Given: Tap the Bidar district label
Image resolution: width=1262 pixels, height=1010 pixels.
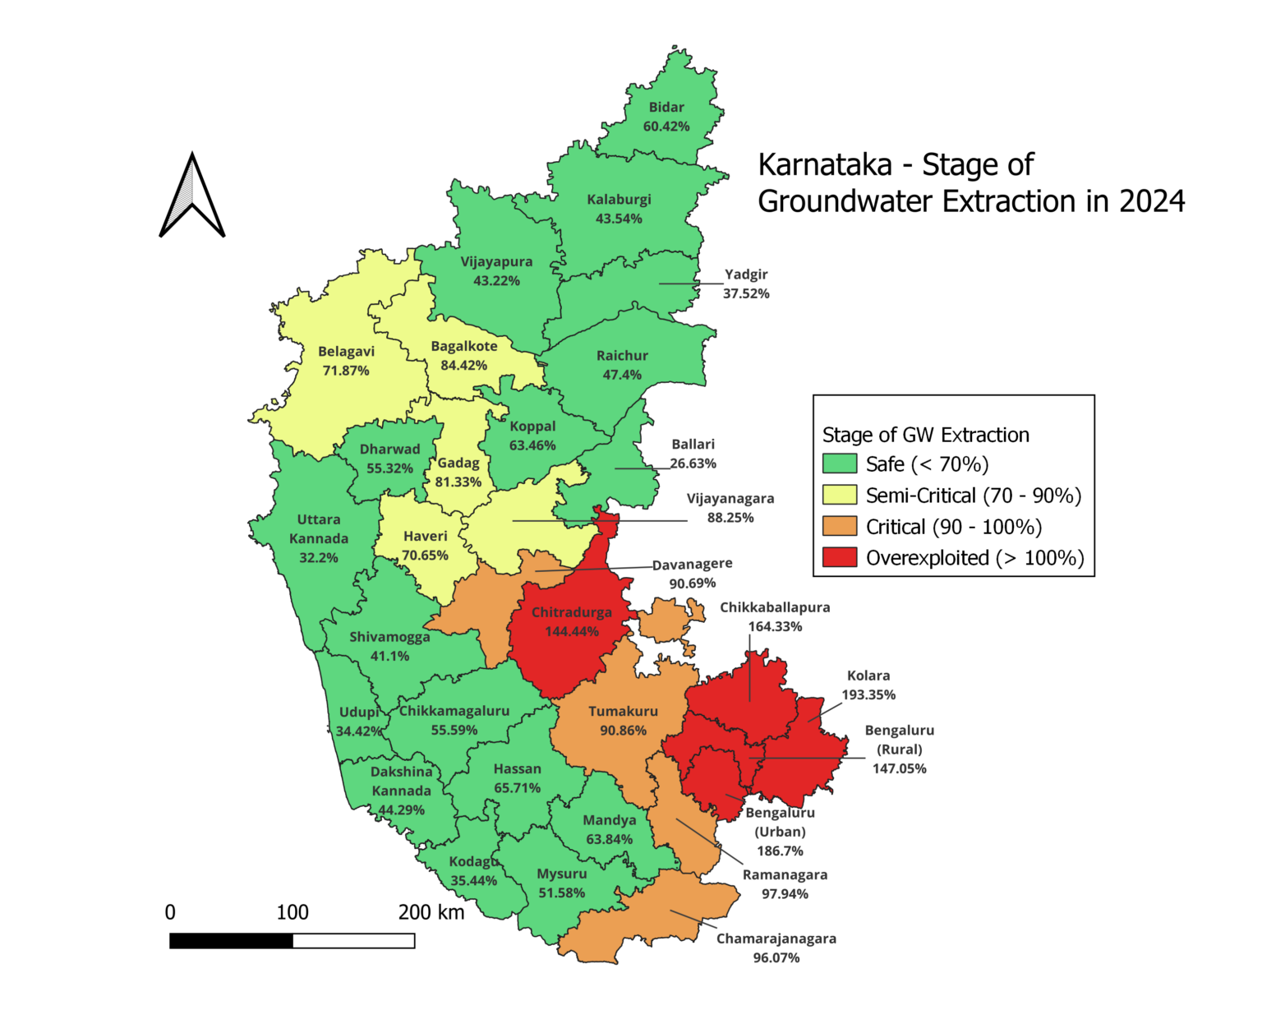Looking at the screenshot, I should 666,108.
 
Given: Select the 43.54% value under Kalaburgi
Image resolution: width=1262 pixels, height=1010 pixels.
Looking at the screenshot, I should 619,219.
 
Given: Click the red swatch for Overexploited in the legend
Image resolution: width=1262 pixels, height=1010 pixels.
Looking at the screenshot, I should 839,558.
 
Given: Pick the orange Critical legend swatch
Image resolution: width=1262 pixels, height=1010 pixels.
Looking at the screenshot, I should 839,527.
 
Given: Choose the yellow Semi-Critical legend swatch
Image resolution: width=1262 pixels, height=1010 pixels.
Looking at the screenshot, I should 839,496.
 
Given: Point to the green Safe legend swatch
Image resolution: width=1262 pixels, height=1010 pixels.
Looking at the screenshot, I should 839,464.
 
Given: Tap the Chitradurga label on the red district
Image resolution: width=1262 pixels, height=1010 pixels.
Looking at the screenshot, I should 571,612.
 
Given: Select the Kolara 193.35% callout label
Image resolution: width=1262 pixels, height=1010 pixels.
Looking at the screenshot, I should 868,685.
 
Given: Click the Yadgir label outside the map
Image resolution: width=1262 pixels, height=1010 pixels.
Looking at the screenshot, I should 746,274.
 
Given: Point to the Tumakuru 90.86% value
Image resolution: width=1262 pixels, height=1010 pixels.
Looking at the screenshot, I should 623,731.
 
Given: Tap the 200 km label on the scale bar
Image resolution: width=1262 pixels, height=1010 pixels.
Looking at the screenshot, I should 431,912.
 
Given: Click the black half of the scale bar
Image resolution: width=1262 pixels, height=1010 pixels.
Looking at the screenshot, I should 231,941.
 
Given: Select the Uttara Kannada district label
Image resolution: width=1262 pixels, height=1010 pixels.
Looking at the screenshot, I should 319,529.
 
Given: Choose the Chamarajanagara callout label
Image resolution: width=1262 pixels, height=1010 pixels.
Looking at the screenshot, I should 776,939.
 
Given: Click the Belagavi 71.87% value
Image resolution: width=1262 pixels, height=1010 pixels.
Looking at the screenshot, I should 346,371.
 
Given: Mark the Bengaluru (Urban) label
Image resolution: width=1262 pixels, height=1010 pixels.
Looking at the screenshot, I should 780,823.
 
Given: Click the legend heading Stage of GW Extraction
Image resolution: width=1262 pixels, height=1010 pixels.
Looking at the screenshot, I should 925,435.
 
